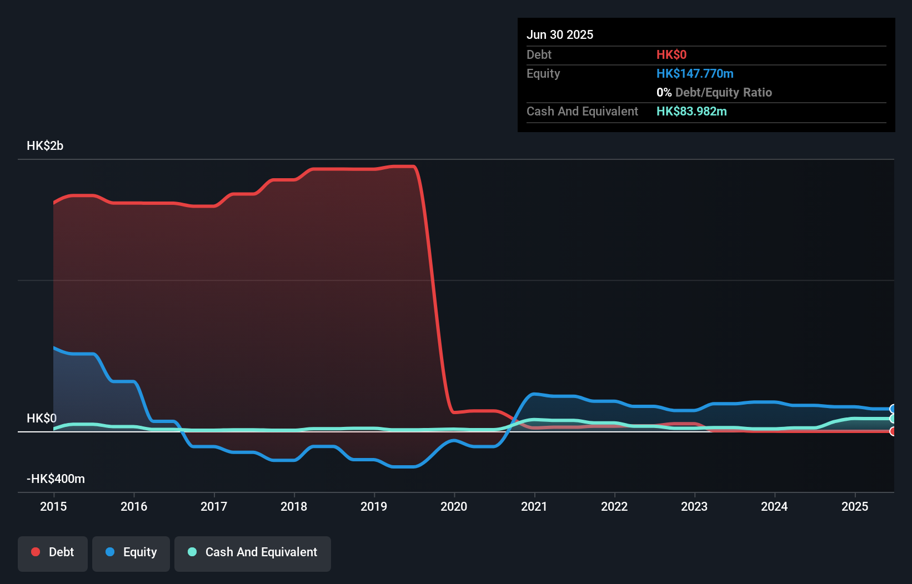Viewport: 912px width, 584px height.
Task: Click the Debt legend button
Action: click(x=53, y=553)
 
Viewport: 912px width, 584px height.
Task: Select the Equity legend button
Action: click(x=131, y=553)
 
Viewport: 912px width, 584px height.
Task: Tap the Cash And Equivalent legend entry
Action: click(x=253, y=553)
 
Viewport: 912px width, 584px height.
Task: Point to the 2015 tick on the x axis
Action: click(x=53, y=506)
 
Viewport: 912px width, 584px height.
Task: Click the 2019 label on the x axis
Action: click(x=374, y=506)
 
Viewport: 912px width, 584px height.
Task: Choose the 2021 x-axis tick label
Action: click(x=534, y=506)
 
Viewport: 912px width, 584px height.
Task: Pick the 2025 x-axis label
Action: click(x=854, y=506)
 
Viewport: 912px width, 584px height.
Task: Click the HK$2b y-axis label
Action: click(x=45, y=146)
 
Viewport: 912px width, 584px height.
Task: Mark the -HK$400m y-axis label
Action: click(x=56, y=479)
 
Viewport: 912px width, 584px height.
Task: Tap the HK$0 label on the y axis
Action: click(x=42, y=419)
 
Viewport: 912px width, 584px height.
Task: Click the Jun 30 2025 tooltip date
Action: click(x=560, y=35)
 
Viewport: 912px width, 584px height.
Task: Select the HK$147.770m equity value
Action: click(x=694, y=74)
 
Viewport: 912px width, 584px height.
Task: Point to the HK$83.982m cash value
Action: click(x=691, y=112)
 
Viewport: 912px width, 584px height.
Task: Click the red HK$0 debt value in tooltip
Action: click(x=671, y=55)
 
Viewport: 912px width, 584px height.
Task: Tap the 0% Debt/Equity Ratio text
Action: click(x=714, y=93)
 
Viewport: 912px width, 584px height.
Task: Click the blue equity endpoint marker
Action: click(x=893, y=409)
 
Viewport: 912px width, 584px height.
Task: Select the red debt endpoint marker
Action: click(x=893, y=431)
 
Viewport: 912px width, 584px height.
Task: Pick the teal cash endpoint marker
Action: click(x=893, y=419)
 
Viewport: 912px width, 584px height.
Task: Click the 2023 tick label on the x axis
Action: click(x=694, y=506)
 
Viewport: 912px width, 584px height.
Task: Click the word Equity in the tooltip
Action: click(x=543, y=74)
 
